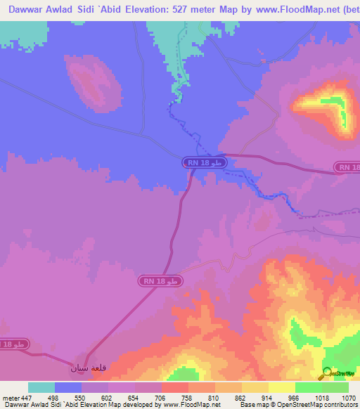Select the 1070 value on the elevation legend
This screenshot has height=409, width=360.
(349, 398)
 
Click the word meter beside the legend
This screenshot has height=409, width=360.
(10, 398)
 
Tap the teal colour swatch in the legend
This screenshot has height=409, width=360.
(41, 387)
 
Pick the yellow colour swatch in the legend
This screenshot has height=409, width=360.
(282, 387)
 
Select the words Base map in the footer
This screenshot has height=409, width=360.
(252, 405)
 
